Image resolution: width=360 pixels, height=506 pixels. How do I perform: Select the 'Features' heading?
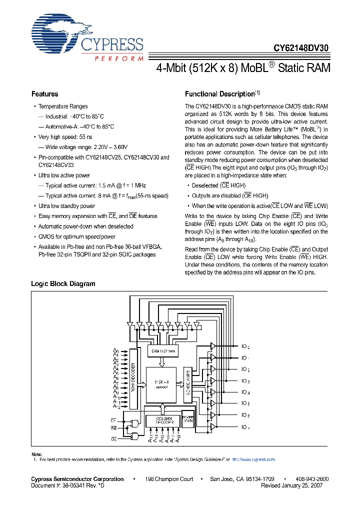pyautogui.click(x=44, y=94)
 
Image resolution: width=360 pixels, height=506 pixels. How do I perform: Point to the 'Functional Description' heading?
pyautogui.click(x=219, y=94)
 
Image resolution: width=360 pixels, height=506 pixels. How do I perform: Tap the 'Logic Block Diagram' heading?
pyautogui.click(x=63, y=283)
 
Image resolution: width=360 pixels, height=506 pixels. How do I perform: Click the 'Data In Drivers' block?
pyautogui.click(x=162, y=351)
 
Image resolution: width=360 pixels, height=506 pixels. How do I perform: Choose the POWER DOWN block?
pyautogui.click(x=187, y=420)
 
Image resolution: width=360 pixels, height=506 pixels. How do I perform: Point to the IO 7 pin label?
pyautogui.click(x=245, y=426)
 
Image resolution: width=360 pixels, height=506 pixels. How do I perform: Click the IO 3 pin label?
pyautogui.click(x=245, y=381)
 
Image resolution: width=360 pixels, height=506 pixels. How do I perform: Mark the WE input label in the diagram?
pyautogui.click(x=113, y=428)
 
